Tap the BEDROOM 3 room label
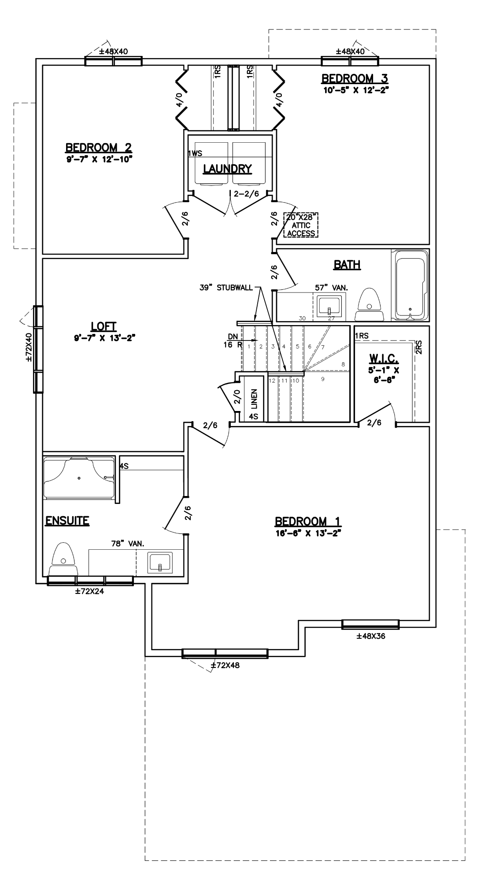pyautogui.click(x=355, y=79)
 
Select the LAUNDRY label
pyautogui.click(x=227, y=169)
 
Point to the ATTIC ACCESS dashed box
pyautogui.click(x=301, y=225)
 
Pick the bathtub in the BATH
pyautogui.click(x=410, y=285)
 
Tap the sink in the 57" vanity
pyautogui.click(x=329, y=306)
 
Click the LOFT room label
pyautogui.click(x=104, y=326)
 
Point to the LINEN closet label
pyautogui.click(x=254, y=398)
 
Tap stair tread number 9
pyautogui.click(x=323, y=379)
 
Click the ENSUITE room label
pyautogui.click(x=67, y=521)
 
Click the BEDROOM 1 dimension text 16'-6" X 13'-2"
pyautogui.click(x=308, y=532)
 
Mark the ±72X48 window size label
pyautogui.click(x=225, y=666)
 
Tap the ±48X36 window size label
pyautogui.click(x=371, y=636)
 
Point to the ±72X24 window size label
pyautogui.click(x=90, y=592)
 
